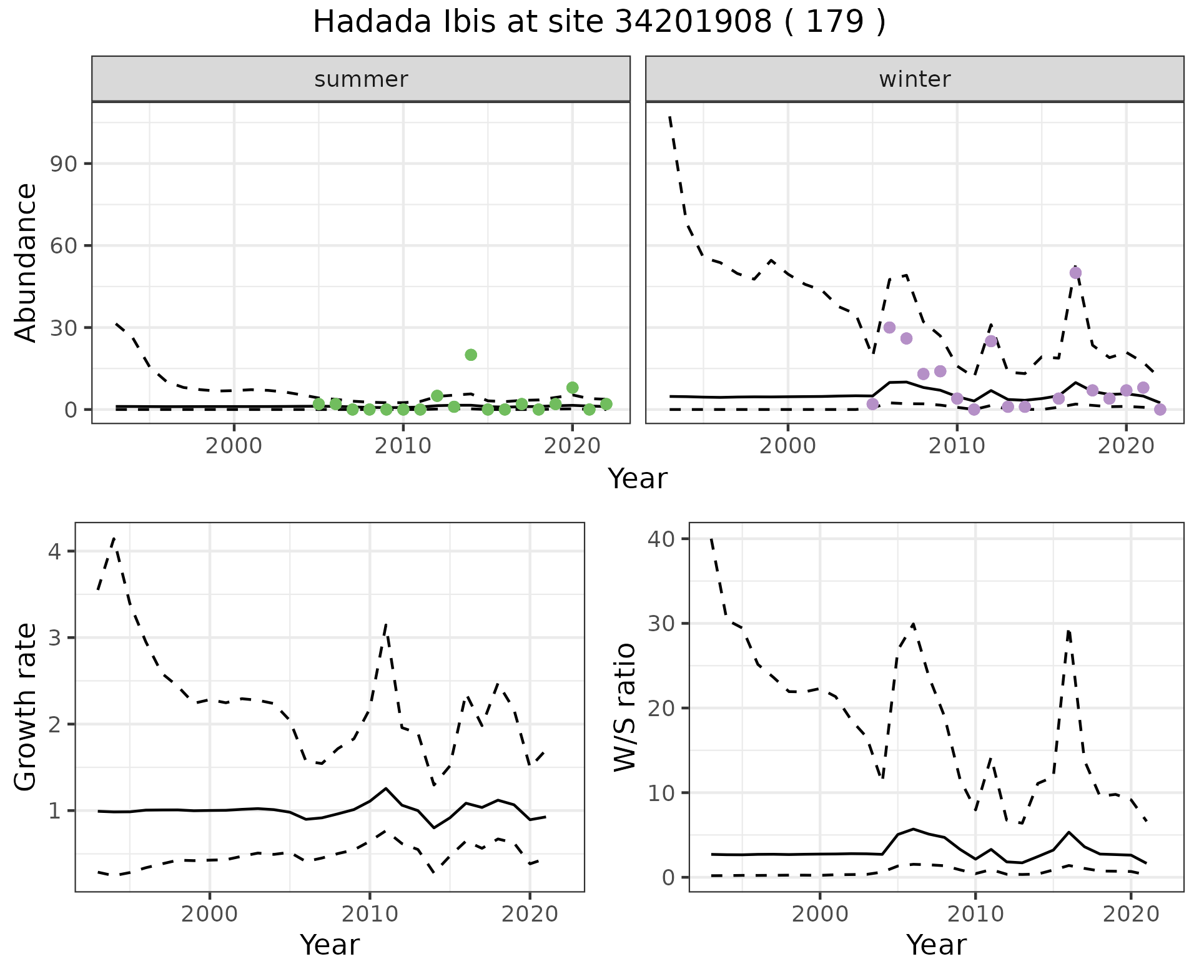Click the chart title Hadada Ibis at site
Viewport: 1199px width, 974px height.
(598, 22)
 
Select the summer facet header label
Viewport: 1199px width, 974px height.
(361, 79)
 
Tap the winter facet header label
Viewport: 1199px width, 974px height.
(914, 79)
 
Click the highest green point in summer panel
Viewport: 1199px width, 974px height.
(471, 355)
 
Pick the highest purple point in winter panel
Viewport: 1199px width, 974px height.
(1075, 273)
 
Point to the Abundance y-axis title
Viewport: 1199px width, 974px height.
(26, 262)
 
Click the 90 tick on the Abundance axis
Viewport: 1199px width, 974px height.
(62, 164)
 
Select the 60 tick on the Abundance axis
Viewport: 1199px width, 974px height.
(62, 245)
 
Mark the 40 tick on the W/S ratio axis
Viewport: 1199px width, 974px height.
(662, 539)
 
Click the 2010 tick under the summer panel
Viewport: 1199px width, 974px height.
(403, 446)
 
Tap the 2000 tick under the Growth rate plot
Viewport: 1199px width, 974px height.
(209, 915)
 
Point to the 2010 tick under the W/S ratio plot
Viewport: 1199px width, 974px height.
(975, 915)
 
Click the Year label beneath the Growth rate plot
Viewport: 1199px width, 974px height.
(330, 945)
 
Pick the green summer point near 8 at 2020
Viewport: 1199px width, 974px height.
(572, 388)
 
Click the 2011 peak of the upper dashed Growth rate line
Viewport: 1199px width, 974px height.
(386, 624)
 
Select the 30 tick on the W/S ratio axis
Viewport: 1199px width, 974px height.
(662, 624)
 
